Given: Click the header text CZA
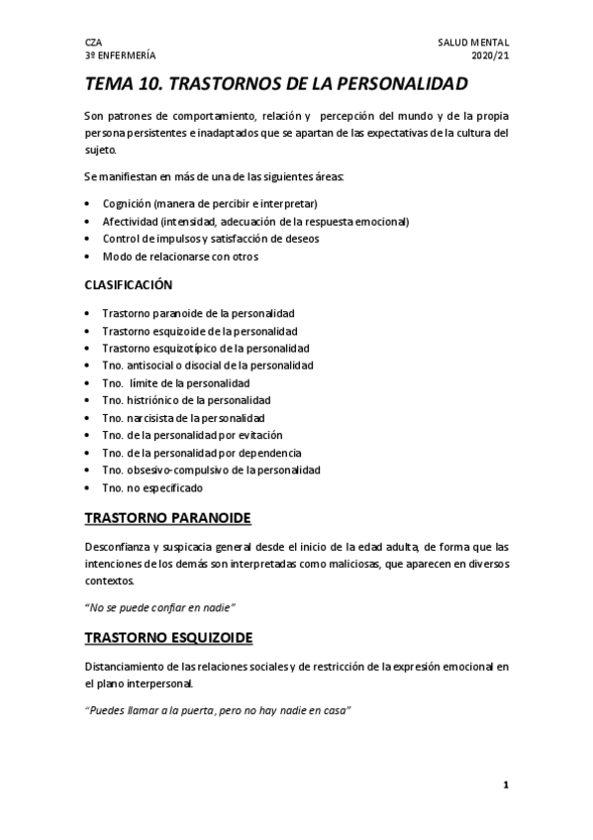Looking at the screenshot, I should click(94, 44).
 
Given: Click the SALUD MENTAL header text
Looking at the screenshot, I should click(473, 44).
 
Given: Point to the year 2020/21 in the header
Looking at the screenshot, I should click(489, 56).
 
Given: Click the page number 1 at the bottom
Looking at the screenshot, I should click(505, 786).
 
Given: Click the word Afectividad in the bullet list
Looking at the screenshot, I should click(131, 221).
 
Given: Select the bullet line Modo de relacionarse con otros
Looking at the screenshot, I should click(180, 257).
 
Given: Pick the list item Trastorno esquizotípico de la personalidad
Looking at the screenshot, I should click(206, 348).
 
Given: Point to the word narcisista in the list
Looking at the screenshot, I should click(151, 418).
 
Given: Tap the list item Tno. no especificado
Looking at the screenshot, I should click(151, 488).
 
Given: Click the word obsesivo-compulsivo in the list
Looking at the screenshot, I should click(174, 470).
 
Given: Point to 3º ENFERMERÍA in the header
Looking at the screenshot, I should click(120, 56).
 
